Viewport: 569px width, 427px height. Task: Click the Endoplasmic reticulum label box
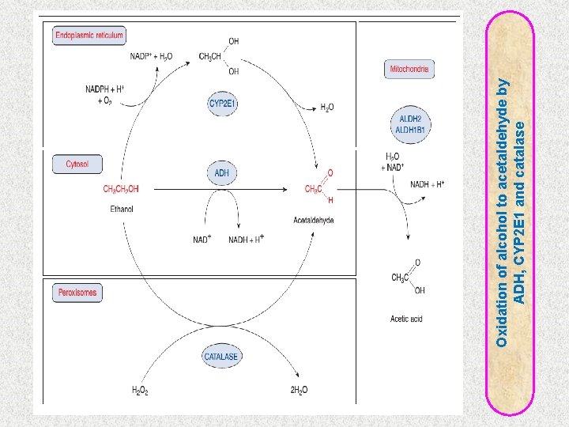[x=89, y=36]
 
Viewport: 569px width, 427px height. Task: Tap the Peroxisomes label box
[x=77, y=293]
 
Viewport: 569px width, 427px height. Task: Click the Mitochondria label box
[x=410, y=70]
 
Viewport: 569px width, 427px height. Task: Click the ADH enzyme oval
[x=222, y=173]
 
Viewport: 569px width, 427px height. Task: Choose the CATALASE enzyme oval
[x=221, y=357]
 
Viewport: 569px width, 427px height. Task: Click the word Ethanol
[x=122, y=209]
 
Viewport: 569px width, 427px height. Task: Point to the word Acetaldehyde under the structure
[x=314, y=220]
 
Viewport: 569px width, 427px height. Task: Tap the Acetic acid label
[x=406, y=319]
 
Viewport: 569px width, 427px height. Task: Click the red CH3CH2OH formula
[x=121, y=189]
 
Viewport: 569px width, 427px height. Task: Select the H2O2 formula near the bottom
[x=141, y=389]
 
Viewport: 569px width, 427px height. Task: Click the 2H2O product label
[x=300, y=389]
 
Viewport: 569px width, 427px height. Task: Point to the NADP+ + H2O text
[x=151, y=56]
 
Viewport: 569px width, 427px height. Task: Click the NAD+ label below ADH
[x=202, y=240]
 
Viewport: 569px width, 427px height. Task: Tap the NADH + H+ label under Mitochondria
[x=428, y=184]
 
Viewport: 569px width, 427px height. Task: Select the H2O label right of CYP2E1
[x=327, y=108]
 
